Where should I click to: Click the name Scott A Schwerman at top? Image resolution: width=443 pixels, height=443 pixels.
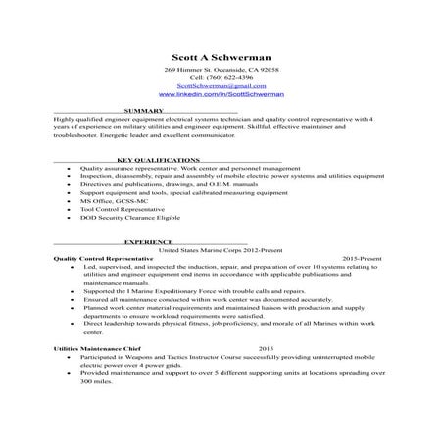221,58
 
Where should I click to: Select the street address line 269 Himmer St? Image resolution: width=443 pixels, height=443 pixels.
221,72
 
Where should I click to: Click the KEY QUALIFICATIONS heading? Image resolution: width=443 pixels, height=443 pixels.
157,159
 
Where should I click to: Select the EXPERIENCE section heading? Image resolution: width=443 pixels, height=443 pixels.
148,241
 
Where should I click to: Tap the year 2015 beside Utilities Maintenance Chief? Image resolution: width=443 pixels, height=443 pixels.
266,348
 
